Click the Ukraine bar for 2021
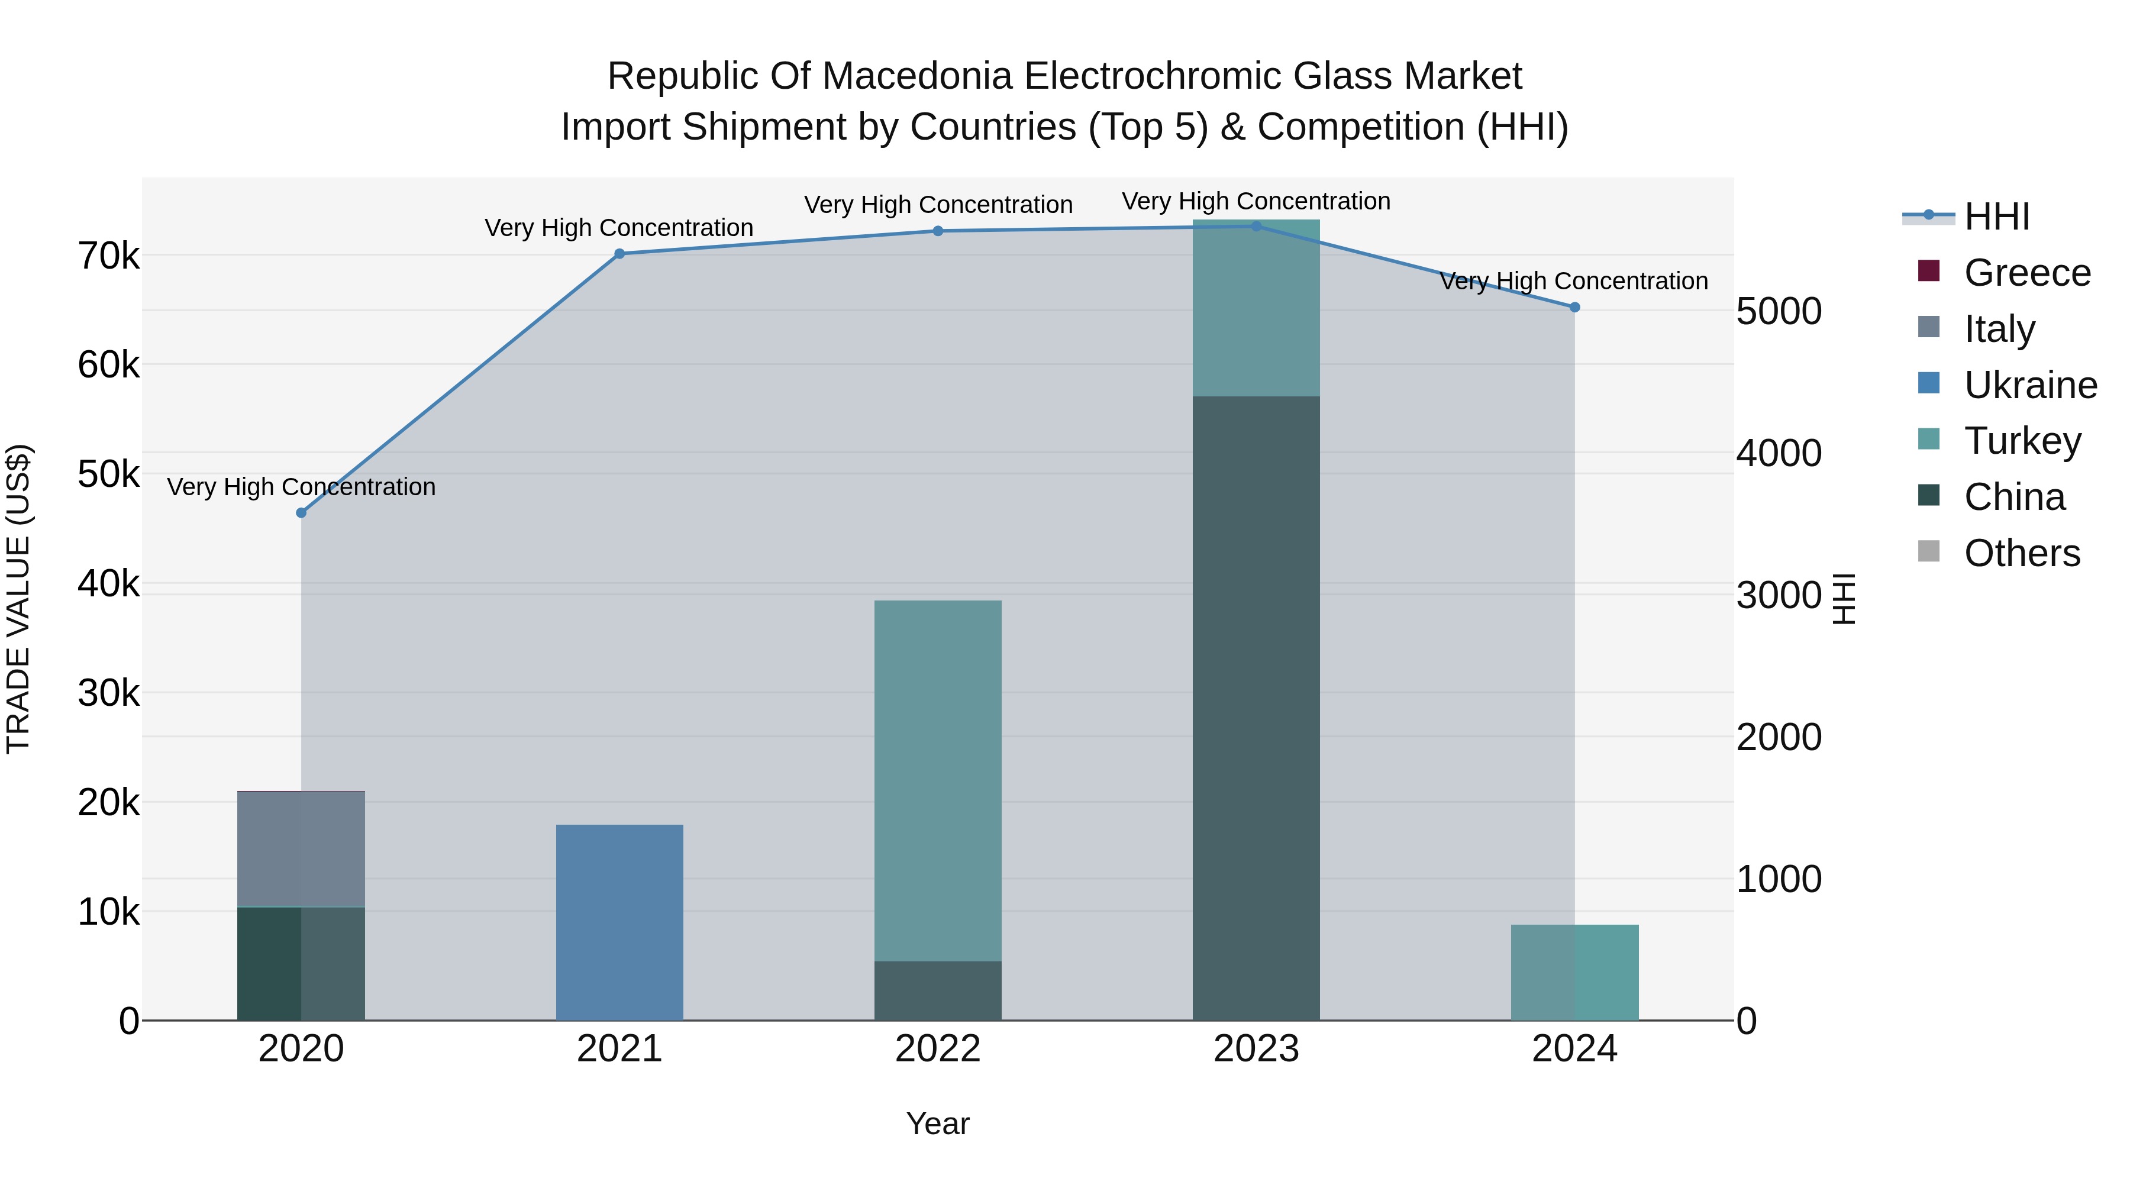point(619,922)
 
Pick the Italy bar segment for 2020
point(301,849)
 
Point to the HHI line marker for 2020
point(301,512)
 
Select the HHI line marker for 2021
point(619,254)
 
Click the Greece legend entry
point(2026,273)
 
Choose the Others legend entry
point(2021,553)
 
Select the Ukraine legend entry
point(2030,385)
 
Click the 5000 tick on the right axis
point(1779,312)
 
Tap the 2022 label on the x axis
point(938,1049)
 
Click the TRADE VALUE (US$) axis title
point(18,599)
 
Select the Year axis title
point(938,1123)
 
